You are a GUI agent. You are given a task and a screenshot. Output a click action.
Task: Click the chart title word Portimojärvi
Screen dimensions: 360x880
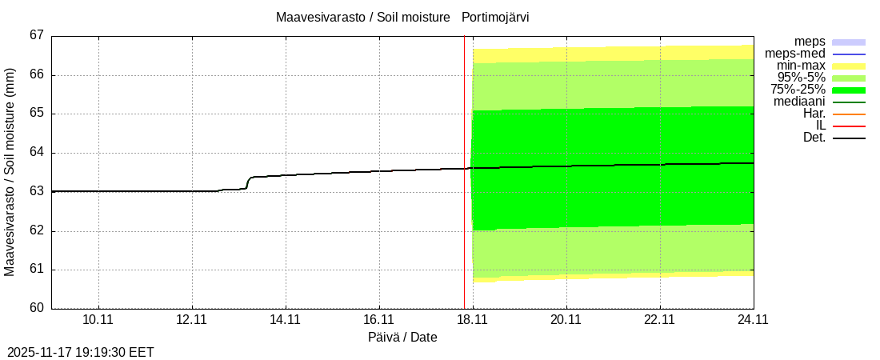pyautogui.click(x=495, y=17)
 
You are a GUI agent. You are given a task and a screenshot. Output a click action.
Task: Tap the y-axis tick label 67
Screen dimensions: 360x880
pyautogui.click(x=36, y=36)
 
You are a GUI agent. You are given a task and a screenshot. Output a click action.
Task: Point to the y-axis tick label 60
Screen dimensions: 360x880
pyautogui.click(x=36, y=308)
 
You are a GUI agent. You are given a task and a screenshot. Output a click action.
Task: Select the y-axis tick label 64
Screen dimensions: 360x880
pyautogui.click(x=36, y=153)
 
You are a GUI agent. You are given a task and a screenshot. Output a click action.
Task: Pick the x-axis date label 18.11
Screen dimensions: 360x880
pyautogui.click(x=473, y=319)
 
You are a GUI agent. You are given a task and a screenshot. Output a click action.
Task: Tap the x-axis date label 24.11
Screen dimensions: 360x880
pyautogui.click(x=753, y=319)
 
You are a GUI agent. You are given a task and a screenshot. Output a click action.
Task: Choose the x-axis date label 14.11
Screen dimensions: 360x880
pyautogui.click(x=286, y=319)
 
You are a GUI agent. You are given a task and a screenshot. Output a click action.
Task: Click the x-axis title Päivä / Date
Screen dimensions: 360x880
pyautogui.click(x=402, y=338)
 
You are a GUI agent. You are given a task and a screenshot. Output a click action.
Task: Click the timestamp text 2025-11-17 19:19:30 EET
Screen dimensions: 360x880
pyautogui.click(x=81, y=352)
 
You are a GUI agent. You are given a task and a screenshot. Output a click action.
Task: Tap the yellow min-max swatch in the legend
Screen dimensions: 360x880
pyautogui.click(x=849, y=66)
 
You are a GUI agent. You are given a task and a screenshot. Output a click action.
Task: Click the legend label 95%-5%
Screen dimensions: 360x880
pyautogui.click(x=802, y=78)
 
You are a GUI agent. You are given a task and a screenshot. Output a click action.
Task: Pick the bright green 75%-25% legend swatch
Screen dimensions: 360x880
pyautogui.click(x=849, y=90)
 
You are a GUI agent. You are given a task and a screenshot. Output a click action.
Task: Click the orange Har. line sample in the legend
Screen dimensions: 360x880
pyautogui.click(x=849, y=114)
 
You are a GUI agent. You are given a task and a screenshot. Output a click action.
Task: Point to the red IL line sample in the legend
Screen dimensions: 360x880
pyautogui.click(x=849, y=126)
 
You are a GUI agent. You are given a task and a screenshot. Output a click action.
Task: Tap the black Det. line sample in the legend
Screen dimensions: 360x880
pyautogui.click(x=849, y=138)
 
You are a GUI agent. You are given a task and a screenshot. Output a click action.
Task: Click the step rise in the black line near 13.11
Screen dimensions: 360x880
pyautogui.click(x=248, y=182)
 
